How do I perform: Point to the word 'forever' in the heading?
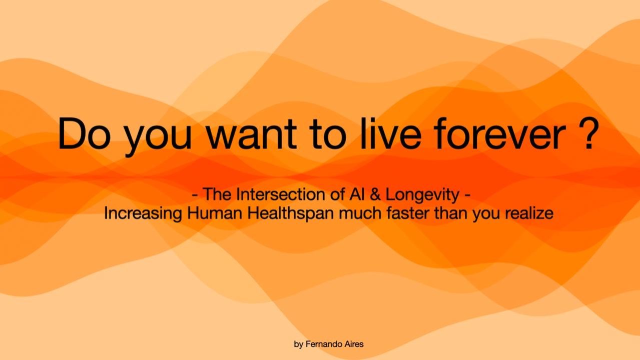501,134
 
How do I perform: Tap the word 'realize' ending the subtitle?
529,213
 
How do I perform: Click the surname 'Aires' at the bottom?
353,344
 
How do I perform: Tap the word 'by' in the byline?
298,344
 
